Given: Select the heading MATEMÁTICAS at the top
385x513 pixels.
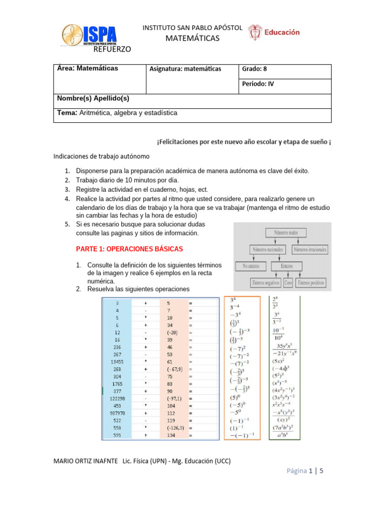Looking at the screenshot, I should pyautogui.click(x=192, y=39).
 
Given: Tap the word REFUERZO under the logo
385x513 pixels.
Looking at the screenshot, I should pyautogui.click(x=112, y=49).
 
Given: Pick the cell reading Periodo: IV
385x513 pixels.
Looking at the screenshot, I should pyautogui.click(x=258, y=84).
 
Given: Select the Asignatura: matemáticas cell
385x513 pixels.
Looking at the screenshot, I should pyautogui.click(x=185, y=69).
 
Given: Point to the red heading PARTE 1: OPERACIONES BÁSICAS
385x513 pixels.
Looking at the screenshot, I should pyautogui.click(x=129, y=248).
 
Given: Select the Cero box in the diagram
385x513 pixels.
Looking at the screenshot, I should pyautogui.click(x=288, y=283).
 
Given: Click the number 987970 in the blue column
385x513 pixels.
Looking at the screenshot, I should pyautogui.click(x=117, y=413).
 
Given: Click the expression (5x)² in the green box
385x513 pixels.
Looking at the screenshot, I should pyautogui.click(x=279, y=360).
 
